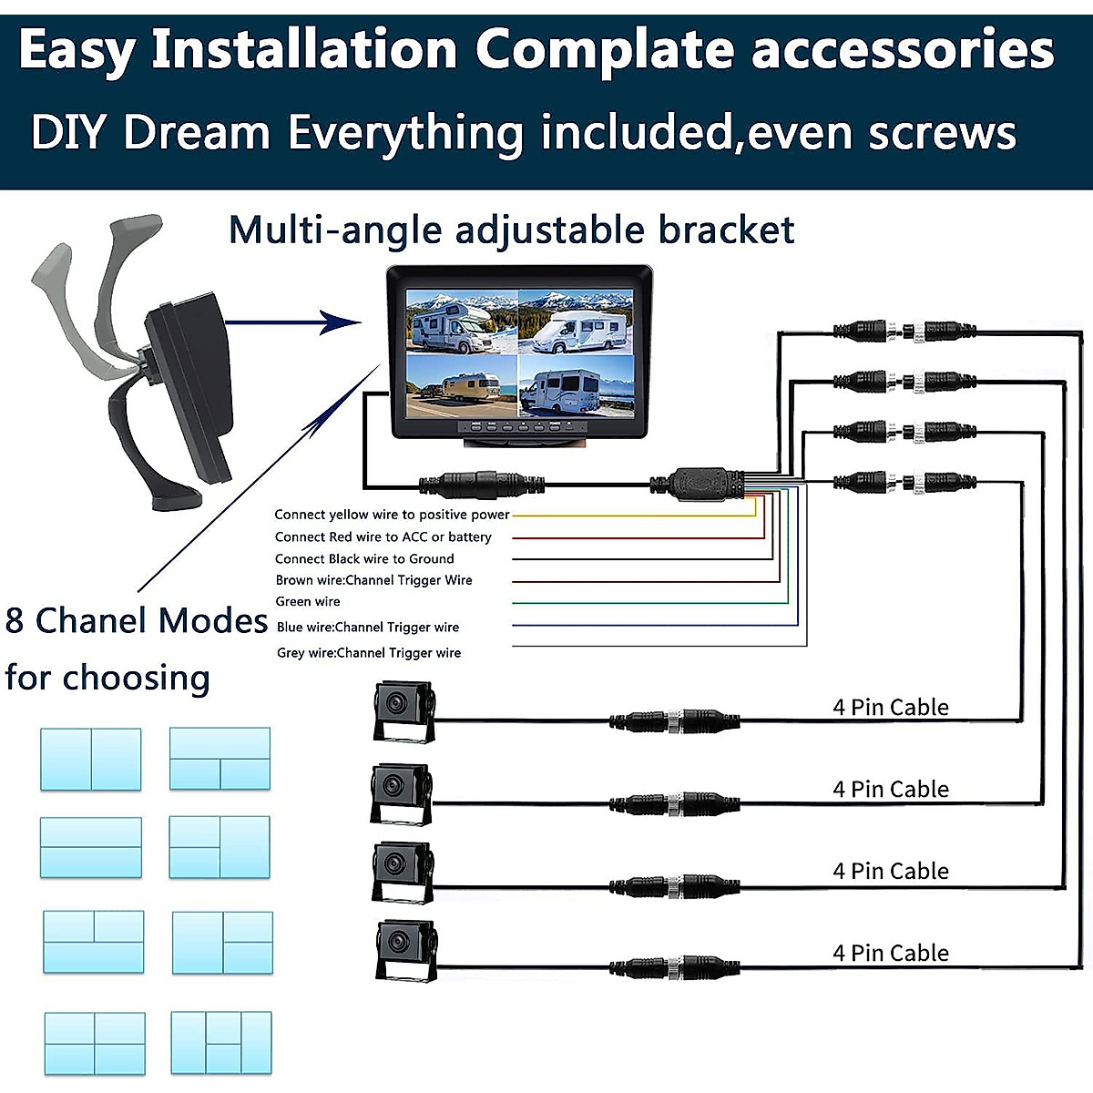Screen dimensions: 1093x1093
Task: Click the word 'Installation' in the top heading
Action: [304, 51]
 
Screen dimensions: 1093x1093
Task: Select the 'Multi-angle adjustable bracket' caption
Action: [511, 230]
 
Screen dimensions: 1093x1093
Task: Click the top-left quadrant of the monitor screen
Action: [461, 322]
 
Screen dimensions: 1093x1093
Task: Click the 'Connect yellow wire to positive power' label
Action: [392, 515]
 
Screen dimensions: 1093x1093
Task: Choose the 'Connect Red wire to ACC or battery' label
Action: [383, 537]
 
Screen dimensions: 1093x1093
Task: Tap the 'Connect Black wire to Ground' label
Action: [364, 559]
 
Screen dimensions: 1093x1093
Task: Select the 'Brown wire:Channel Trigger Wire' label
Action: [373, 580]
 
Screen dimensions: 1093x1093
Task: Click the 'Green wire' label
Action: [308, 602]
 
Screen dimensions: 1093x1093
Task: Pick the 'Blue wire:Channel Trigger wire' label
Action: [368, 628]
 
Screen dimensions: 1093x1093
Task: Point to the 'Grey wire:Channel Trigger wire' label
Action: [369, 653]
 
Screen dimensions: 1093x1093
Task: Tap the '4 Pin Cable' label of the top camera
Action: [890, 708]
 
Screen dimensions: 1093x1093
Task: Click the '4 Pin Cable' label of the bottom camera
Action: [890, 954]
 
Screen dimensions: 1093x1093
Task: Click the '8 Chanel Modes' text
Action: [137, 621]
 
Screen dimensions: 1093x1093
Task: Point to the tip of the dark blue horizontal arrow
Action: [359, 322]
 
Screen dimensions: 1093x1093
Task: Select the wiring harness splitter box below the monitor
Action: [699, 483]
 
